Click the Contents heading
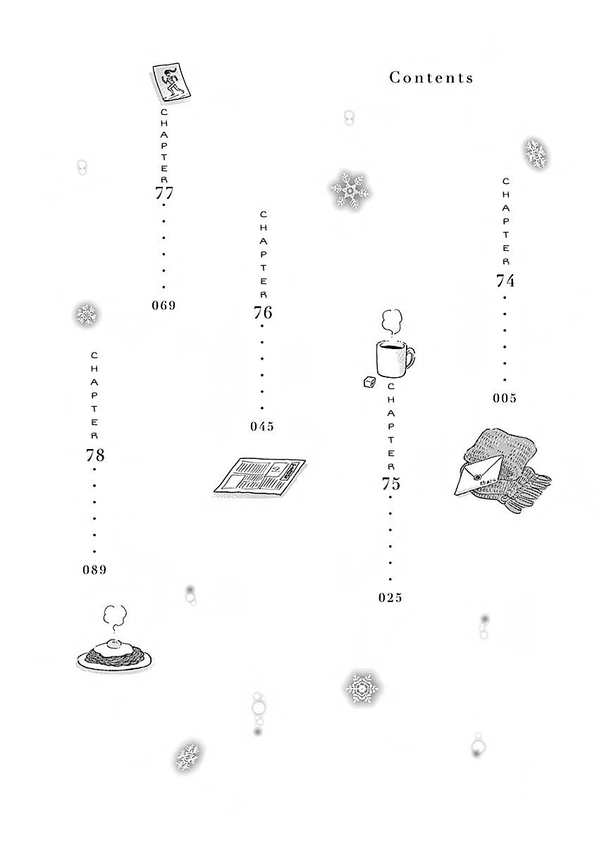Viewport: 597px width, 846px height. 431,78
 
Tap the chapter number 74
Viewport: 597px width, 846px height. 505,281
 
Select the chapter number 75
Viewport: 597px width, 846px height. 390,484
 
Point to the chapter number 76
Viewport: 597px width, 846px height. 262,313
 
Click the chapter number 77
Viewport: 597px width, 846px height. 164,193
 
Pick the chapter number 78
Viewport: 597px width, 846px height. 94,455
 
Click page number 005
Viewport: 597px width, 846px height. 505,398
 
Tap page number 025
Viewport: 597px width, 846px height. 390,598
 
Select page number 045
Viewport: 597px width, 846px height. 262,427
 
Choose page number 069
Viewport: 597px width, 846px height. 164,305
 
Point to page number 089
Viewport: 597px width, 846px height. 94,570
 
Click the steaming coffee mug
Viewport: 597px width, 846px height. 394,357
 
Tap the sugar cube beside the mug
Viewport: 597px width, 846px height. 369,383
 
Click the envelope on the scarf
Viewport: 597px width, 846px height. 479,475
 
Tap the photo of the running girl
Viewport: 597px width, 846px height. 171,82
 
